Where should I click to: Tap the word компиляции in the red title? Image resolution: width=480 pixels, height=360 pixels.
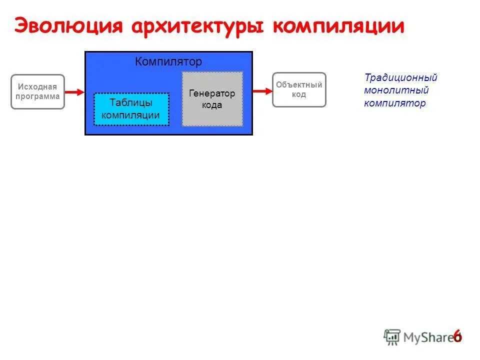point(338,26)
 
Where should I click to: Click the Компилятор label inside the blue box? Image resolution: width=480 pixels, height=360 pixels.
point(168,62)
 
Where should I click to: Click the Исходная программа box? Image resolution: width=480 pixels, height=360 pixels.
point(37,92)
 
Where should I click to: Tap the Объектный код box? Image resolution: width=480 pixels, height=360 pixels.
point(299,90)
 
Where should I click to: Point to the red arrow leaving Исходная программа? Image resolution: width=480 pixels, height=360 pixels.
point(74,92)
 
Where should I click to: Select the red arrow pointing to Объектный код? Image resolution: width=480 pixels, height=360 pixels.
point(261,91)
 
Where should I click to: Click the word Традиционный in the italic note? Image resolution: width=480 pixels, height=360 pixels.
point(400,78)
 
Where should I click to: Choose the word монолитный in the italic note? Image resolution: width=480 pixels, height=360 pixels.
point(396,90)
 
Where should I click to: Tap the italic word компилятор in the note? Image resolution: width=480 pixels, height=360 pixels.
point(395,103)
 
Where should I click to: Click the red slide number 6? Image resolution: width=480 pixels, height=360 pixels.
point(457,336)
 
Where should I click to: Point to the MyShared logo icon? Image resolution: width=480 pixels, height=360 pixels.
point(392,336)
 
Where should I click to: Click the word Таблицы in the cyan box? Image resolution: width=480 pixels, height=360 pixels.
point(131,102)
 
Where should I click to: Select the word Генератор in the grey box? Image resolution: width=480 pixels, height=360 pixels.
point(212,93)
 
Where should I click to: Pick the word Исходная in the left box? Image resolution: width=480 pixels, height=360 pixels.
point(37,87)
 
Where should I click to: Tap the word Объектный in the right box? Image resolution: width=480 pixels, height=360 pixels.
point(299,85)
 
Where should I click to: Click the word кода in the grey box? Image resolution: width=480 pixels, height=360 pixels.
point(212,105)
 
